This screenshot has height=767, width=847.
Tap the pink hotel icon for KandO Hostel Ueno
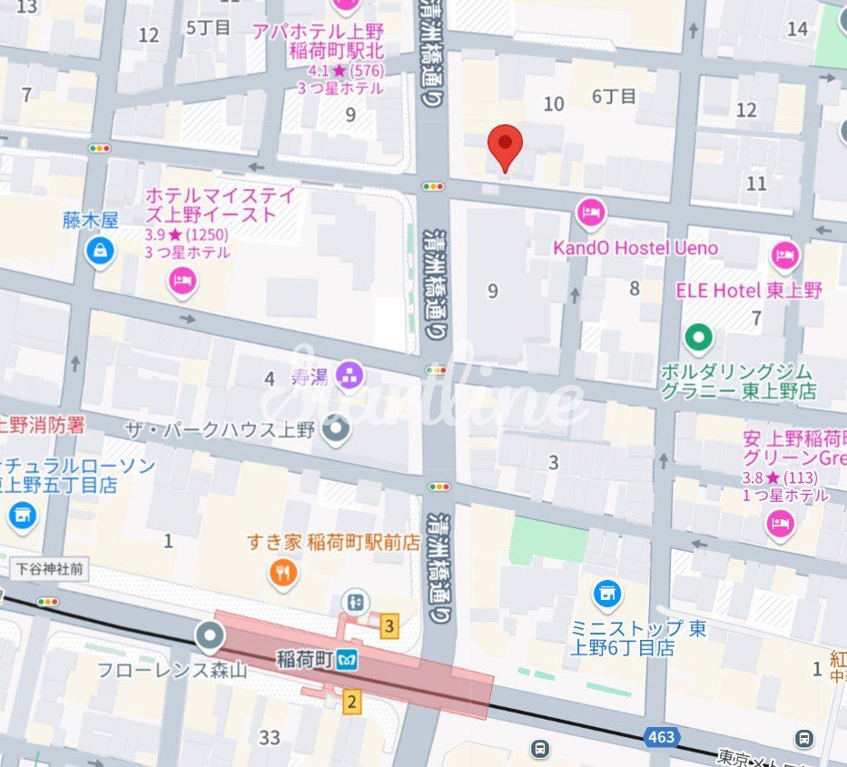[590, 214]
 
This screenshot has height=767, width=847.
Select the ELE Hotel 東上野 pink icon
[785, 257]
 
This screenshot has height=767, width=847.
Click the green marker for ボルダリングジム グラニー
[698, 339]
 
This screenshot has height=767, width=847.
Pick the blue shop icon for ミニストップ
[607, 595]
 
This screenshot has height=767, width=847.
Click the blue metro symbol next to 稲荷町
[346, 662]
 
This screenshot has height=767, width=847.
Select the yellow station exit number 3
[389, 625]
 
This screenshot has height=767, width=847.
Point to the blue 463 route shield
[662, 736]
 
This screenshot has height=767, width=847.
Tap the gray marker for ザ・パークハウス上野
[336, 428]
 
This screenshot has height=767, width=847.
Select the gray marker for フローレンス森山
[210, 635]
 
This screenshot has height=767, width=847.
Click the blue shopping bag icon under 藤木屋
[100, 251]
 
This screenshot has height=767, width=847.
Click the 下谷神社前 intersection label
[50, 569]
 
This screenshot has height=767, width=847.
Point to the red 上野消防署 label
[43, 425]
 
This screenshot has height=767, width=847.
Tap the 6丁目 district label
[615, 96]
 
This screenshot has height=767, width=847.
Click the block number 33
[270, 737]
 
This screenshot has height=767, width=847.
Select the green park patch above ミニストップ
[547, 540]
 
